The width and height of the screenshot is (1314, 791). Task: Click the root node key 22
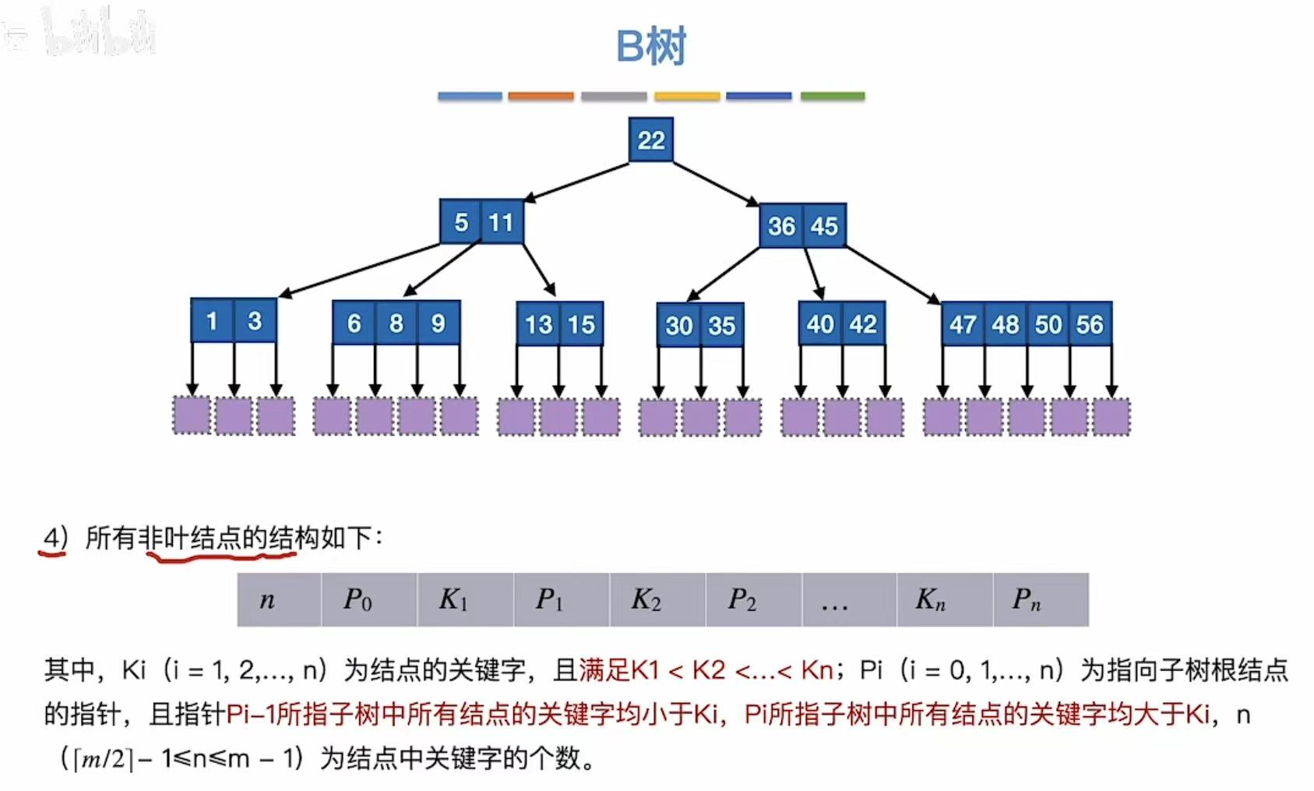pos(651,140)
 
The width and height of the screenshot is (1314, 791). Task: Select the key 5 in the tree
pos(461,222)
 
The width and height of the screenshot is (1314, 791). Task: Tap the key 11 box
pos(502,222)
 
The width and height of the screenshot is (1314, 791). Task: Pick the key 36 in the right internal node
pos(781,226)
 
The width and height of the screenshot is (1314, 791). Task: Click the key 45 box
pos(824,226)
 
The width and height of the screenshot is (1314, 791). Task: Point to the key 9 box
pos(439,323)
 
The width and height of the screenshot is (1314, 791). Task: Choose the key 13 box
pos(538,324)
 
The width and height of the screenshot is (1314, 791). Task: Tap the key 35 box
pos(722,325)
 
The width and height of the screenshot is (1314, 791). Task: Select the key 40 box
pos(820,323)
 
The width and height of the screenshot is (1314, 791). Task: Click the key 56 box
pos(1090,323)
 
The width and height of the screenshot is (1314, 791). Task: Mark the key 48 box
pos(1006,323)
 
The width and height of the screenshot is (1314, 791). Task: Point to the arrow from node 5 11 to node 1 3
pos(358,270)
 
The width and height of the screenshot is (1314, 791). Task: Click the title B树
pos(651,46)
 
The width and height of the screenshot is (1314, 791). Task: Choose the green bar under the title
pos(833,96)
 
